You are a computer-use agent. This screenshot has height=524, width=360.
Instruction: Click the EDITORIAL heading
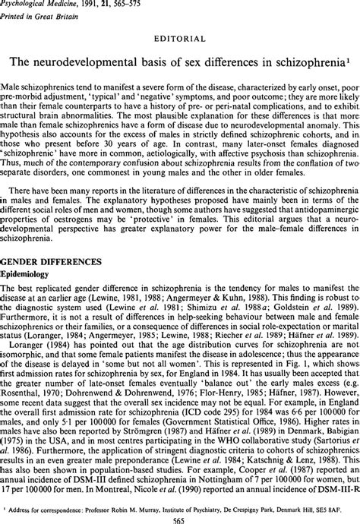coord(179,36)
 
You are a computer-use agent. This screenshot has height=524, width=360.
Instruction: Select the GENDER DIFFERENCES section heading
coord(51,261)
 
